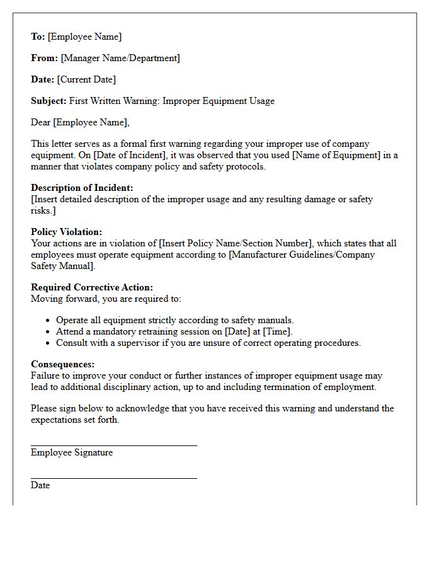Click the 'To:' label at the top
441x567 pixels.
tap(38, 37)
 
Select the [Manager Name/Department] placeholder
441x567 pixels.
tap(120, 58)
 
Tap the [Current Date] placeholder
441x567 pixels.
tap(86, 79)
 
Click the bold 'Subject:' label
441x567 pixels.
tap(49, 101)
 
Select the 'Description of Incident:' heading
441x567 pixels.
tap(82, 188)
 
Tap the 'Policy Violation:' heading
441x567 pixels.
tap(66, 232)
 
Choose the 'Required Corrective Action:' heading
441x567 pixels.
tap(92, 287)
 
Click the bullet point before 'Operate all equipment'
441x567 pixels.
tap(49, 321)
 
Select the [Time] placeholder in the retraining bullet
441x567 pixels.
tap(277, 331)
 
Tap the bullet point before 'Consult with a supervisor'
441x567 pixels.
tap(49, 343)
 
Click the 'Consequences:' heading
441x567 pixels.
tap(62, 364)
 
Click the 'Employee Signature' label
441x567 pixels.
tap(72, 452)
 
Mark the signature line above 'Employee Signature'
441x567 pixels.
tap(113, 445)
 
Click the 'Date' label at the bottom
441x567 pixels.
tap(40, 485)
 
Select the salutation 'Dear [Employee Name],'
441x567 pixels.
tap(80, 122)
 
